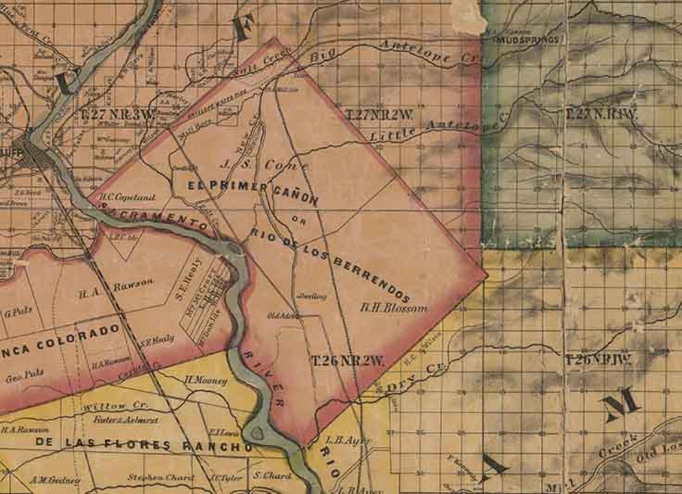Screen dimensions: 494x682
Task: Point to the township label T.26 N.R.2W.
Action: [347, 361]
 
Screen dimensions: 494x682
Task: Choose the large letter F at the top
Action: [242, 28]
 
